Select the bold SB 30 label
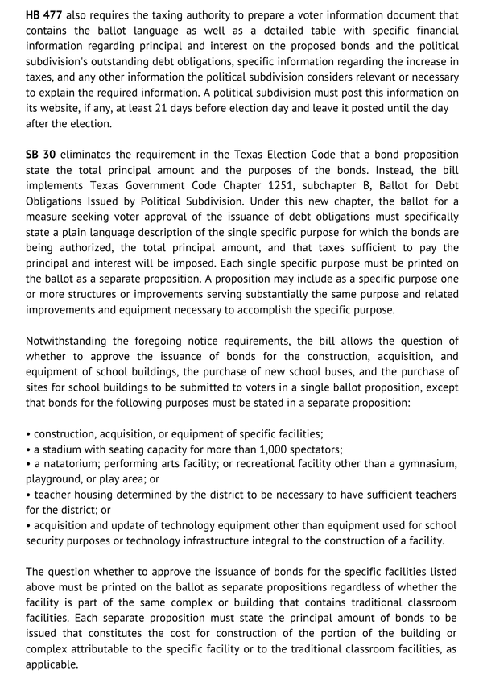click(40, 154)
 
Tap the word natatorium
click(75, 464)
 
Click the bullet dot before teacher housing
click(28, 495)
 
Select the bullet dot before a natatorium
click(28, 464)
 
